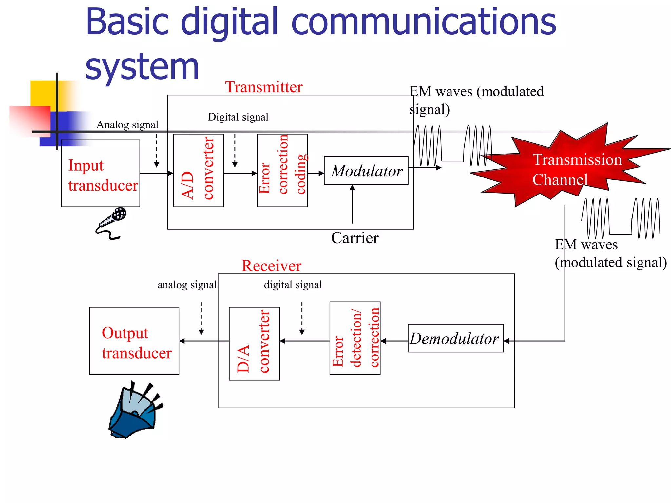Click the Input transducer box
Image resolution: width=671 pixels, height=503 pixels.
point(101,173)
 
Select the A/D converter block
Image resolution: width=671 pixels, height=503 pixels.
point(198,170)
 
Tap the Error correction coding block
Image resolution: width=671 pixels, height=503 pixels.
point(282,170)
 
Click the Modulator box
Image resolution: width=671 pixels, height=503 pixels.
point(366,171)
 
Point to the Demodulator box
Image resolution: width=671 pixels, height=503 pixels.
point(455,338)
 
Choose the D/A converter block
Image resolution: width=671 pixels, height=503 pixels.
point(254,344)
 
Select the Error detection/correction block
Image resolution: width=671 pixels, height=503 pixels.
point(355,338)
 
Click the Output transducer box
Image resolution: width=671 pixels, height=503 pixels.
point(134,341)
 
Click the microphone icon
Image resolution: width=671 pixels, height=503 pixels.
point(111,223)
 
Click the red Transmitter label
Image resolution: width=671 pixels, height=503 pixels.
point(264,87)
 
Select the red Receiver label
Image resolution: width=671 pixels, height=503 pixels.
point(271,266)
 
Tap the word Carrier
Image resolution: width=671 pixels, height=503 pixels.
point(355,238)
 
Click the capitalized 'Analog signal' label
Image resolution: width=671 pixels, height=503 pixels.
point(127,125)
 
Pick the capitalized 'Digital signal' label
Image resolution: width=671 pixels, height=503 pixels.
point(238,117)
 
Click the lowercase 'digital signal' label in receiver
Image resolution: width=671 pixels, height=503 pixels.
point(293,285)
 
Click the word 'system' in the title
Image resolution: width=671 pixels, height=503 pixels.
point(142,67)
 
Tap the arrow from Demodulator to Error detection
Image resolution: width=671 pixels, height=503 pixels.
point(394,341)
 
